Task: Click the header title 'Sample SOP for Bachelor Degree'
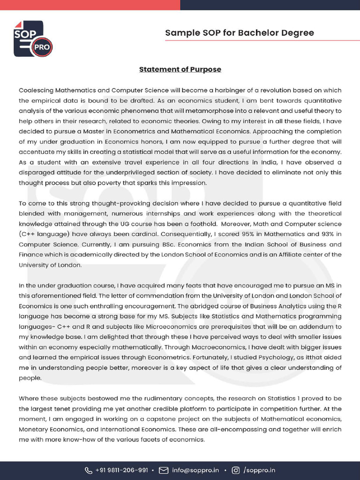click(x=239, y=33)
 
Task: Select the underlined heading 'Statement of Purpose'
click(x=180, y=69)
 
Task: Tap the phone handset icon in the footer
click(x=89, y=470)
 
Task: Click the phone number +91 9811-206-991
click(x=122, y=470)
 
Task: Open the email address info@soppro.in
click(x=195, y=470)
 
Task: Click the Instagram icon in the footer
click(x=236, y=470)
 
